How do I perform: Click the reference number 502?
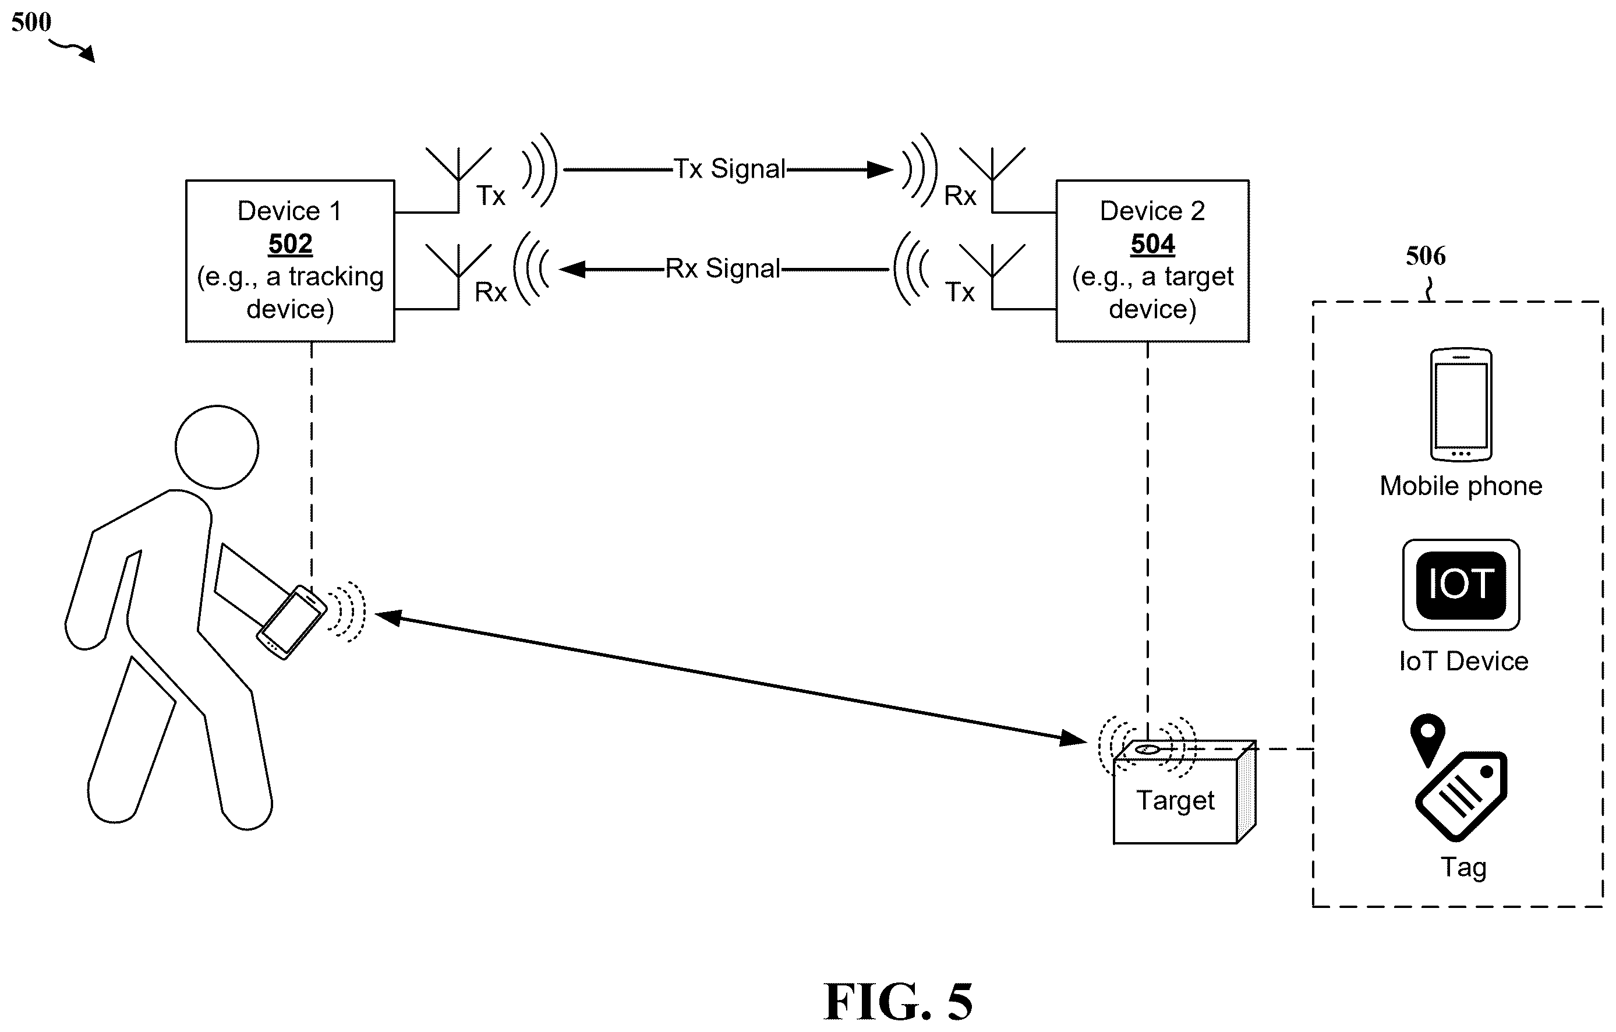pos(290,243)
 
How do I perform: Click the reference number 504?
pos(1152,243)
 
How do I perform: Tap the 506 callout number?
pos(1426,256)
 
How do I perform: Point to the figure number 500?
pos(31,22)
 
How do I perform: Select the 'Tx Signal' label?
pos(729,169)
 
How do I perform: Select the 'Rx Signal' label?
pos(722,268)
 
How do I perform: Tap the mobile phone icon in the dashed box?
pos(1461,405)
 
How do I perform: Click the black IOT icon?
pos(1461,585)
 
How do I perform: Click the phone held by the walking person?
pos(291,622)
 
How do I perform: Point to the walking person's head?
pos(217,447)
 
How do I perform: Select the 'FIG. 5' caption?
pos(898,1001)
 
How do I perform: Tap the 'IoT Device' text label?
pos(1463,661)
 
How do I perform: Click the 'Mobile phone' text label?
pos(1461,486)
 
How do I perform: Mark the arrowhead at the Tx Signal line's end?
pos(881,169)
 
